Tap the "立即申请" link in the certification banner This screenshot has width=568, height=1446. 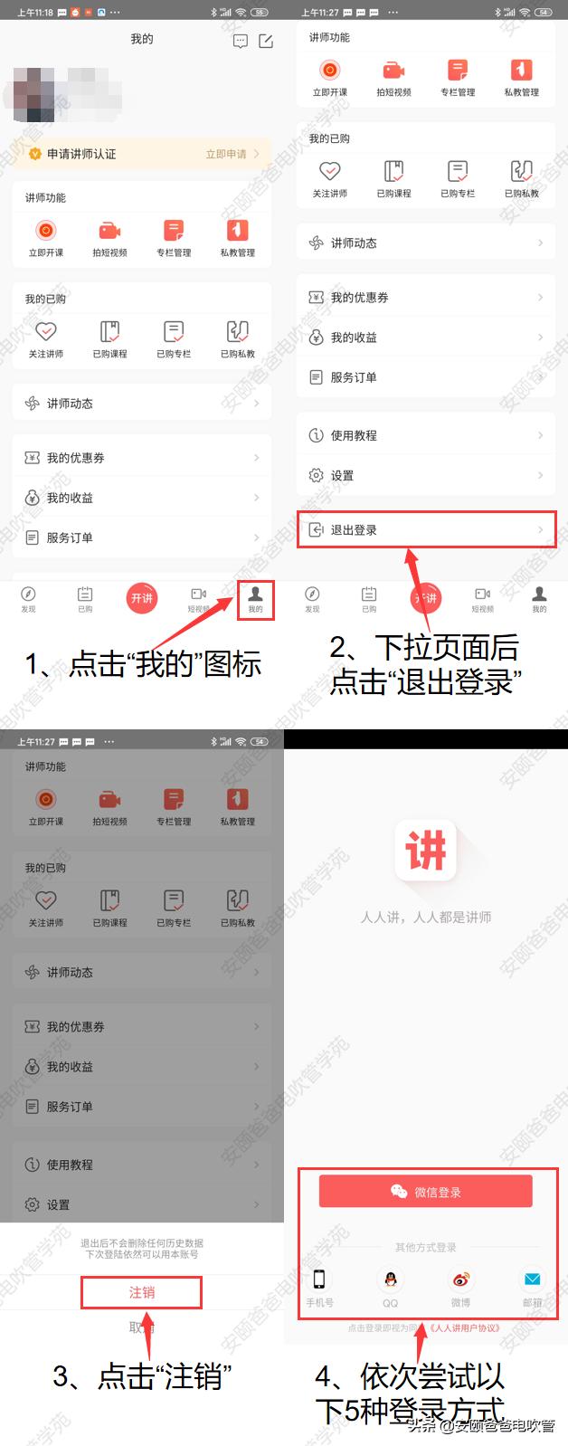(x=226, y=154)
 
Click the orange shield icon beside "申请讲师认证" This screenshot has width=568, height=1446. (x=34, y=154)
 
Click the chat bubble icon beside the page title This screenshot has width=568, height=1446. (x=240, y=42)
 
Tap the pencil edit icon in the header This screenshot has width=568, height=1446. (x=266, y=42)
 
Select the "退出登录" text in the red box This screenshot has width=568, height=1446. (x=354, y=530)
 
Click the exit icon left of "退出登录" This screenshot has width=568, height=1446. (x=316, y=530)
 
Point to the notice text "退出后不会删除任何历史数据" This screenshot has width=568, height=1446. (x=142, y=1243)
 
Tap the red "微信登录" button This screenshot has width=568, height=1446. (x=425, y=1192)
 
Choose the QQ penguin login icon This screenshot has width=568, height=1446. (x=390, y=1280)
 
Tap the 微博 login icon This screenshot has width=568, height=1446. (x=460, y=1280)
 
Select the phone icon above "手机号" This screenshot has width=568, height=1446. (x=319, y=1280)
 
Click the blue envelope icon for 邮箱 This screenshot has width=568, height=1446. (x=532, y=1280)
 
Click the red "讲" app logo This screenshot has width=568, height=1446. (x=425, y=851)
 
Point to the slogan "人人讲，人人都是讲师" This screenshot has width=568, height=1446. (x=425, y=917)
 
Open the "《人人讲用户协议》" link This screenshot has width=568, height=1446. (x=465, y=1328)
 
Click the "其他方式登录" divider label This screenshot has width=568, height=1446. (x=425, y=1247)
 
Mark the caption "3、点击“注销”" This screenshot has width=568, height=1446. (x=142, y=1377)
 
